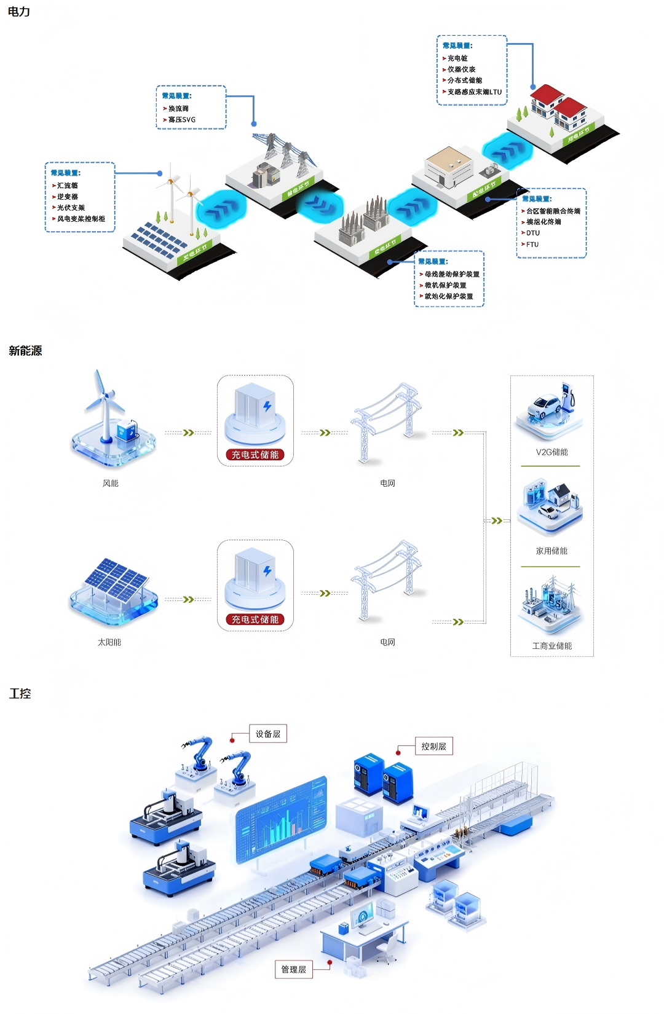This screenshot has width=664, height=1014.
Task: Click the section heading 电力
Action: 18,12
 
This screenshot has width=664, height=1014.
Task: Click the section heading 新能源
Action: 25,351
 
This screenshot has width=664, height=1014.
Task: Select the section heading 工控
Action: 20,694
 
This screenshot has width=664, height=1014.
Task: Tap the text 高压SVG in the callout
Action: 182,120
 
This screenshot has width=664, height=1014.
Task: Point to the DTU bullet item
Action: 532,233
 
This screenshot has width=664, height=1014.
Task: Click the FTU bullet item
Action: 532,244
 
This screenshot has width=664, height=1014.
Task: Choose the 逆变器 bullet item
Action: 67,197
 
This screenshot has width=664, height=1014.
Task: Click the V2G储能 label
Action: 551,452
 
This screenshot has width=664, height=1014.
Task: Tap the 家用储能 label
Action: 551,551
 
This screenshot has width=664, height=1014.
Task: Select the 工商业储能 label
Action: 551,646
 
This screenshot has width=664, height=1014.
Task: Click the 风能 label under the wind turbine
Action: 111,484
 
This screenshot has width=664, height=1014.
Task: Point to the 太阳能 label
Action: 109,642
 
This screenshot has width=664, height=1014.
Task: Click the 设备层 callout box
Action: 268,734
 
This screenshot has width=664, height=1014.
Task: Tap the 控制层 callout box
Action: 433,747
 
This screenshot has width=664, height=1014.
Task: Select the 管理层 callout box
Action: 293,970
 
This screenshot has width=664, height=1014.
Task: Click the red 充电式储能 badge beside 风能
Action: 255,455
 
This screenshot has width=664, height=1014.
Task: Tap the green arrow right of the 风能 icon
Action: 189,433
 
